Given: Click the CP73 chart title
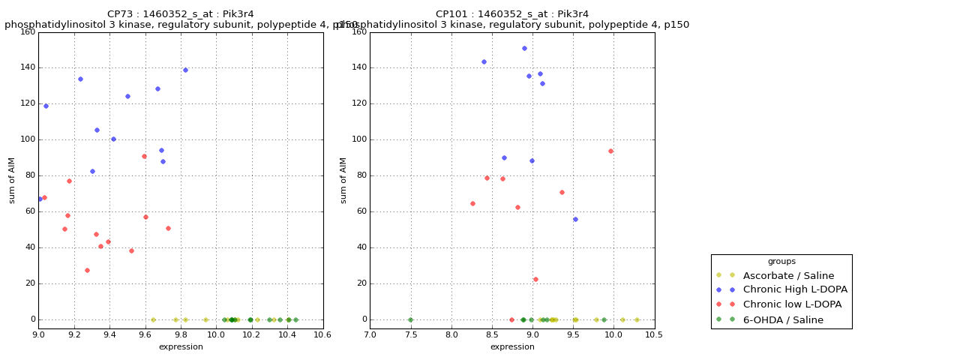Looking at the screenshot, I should pos(181,14).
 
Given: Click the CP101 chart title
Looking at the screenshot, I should pos(512,14).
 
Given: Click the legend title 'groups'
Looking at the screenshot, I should pos(781,262).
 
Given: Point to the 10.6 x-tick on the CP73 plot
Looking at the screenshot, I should pos(323,336).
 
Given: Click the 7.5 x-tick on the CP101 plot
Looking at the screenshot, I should pos(410,336).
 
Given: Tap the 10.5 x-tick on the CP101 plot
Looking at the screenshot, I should pos(655,336).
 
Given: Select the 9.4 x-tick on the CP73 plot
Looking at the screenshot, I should pos(109,336).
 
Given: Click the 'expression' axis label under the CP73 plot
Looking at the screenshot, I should pos(181,347).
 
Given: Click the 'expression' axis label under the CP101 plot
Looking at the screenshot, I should pos(512,347).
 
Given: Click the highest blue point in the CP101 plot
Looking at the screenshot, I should pos(524,48).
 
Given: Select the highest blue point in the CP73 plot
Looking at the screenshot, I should pos(185,70).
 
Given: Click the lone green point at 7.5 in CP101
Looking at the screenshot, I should pos(410,319).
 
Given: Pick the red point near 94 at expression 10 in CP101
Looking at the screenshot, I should pos(610,151).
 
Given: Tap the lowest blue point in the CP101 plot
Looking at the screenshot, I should pos(575,219).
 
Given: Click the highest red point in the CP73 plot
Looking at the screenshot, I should pos(144,156).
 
